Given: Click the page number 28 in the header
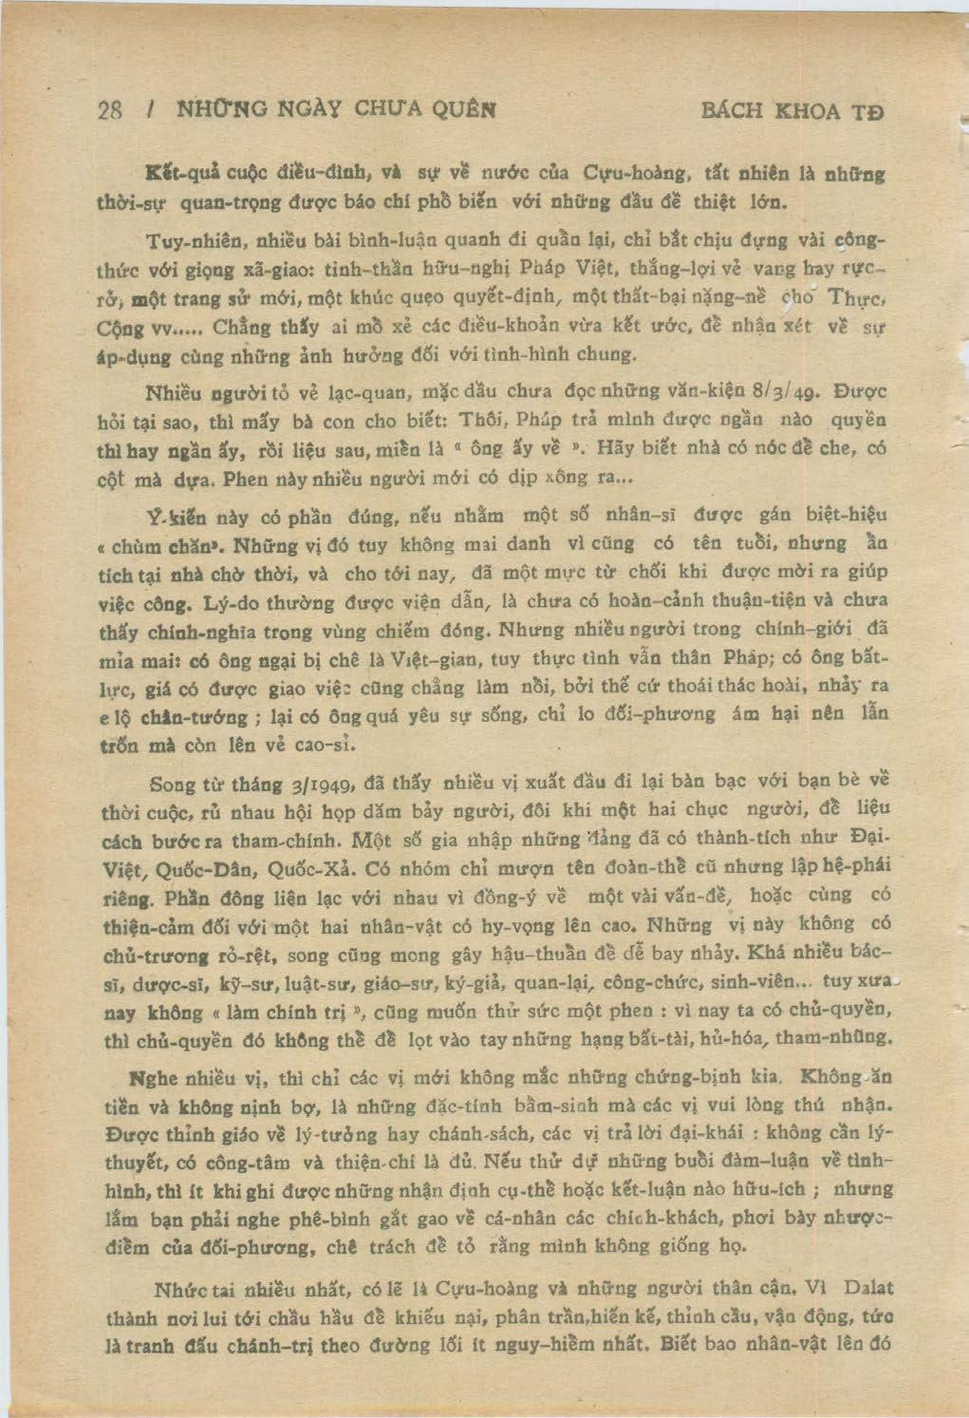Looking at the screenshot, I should [110, 109].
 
